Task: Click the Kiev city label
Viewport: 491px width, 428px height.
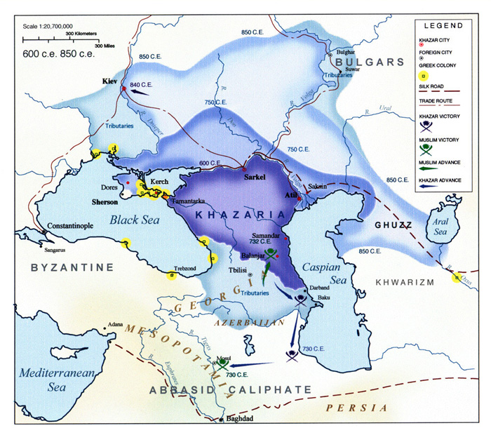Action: (108, 81)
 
